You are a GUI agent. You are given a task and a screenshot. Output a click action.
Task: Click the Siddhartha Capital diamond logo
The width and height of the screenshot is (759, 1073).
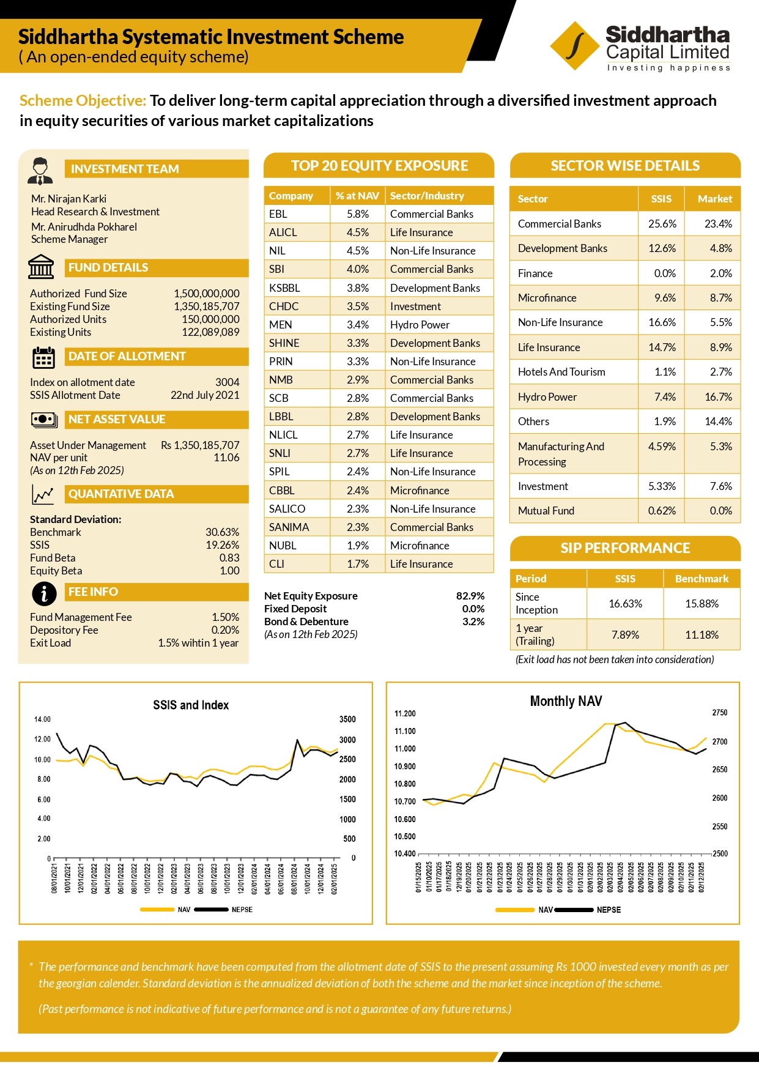point(575,46)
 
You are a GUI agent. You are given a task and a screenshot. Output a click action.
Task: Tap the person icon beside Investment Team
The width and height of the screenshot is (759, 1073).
point(40,171)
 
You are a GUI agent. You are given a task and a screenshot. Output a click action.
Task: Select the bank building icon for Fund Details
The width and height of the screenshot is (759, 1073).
point(41,267)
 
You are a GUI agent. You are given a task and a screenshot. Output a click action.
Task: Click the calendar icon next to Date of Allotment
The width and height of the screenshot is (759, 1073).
point(43,357)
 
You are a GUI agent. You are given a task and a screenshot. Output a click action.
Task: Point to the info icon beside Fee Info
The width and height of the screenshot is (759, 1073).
point(44,593)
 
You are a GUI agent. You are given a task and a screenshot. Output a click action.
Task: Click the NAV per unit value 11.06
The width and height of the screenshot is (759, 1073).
point(226,458)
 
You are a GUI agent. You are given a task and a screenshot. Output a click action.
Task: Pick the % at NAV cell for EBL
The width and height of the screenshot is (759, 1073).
point(358,214)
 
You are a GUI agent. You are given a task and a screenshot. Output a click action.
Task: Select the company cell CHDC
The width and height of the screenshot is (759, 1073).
point(284,306)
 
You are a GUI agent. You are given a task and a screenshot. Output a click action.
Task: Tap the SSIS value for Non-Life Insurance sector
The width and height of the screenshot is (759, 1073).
point(662,322)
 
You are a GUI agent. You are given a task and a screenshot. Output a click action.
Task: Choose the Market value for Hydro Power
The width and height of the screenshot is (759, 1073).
point(718,397)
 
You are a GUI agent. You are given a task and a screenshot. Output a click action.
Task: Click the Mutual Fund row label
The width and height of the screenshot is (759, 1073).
point(546,511)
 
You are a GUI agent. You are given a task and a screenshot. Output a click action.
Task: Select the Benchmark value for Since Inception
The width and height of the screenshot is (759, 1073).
point(702,604)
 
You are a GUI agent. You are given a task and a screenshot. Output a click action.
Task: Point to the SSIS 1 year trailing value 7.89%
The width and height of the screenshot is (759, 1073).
point(625,635)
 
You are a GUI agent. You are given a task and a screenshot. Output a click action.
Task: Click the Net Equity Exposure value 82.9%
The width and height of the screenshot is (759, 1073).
point(470,596)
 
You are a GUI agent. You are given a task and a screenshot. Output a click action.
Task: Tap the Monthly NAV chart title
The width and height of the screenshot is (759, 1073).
point(566,701)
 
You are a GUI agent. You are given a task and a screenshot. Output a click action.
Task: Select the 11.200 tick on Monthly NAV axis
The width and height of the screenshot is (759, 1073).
point(405,714)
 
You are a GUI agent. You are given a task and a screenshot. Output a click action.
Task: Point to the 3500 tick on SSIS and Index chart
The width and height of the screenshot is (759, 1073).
point(347,719)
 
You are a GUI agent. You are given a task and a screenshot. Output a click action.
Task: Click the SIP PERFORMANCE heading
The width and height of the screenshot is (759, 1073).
point(625,548)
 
